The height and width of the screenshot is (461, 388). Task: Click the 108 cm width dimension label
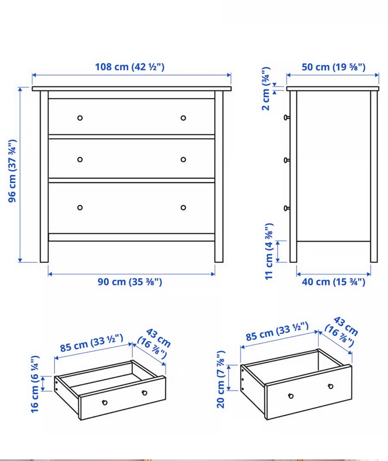point(129,67)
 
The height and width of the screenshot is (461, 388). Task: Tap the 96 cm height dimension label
point(12,171)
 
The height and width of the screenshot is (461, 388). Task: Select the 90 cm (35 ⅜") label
point(130,282)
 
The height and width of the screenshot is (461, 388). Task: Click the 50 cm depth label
point(333,67)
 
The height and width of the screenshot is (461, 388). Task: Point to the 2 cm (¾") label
point(266,88)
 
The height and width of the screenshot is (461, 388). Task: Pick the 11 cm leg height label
point(269,251)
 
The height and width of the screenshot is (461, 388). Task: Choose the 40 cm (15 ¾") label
point(333,282)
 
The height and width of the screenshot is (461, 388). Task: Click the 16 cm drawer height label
point(35,384)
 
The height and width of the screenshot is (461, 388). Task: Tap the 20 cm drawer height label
point(221,379)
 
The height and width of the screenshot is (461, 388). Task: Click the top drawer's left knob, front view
point(80,118)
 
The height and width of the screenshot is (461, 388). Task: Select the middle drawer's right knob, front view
point(183,160)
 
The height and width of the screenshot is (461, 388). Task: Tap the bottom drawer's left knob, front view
point(80,208)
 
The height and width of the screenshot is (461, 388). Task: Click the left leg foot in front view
point(44,259)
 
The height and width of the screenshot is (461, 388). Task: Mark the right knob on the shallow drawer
point(144,393)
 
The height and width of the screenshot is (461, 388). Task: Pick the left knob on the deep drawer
point(291,396)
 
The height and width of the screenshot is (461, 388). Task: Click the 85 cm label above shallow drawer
point(92,343)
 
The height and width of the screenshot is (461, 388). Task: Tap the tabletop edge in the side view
point(333,88)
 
